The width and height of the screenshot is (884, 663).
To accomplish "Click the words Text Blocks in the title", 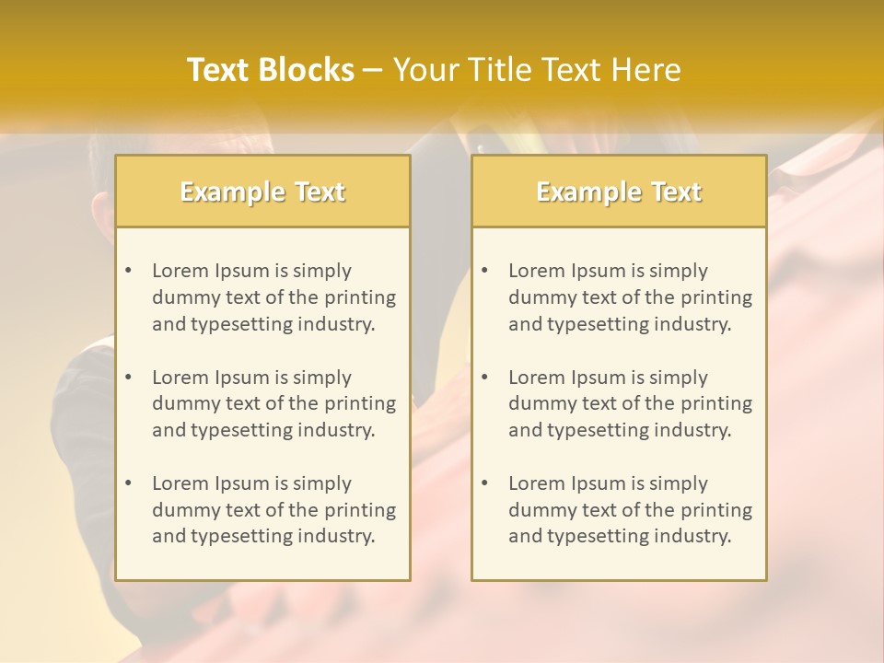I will pyautogui.click(x=270, y=70).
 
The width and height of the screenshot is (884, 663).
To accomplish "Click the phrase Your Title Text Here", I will pyautogui.click(x=537, y=70).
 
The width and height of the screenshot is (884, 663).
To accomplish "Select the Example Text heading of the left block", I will pyautogui.click(x=262, y=192).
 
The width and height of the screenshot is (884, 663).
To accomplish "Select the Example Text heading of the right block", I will pyautogui.click(x=619, y=192).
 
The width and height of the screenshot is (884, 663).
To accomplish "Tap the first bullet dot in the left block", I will pyautogui.click(x=128, y=271).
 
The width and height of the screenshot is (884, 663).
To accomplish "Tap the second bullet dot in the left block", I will pyautogui.click(x=128, y=378).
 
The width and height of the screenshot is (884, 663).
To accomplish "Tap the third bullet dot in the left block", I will pyautogui.click(x=128, y=483).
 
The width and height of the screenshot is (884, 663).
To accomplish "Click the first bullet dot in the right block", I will pyautogui.click(x=484, y=271).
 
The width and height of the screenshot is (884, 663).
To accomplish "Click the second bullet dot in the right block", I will pyautogui.click(x=484, y=378).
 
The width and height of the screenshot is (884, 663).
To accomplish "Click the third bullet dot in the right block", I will pyautogui.click(x=484, y=483).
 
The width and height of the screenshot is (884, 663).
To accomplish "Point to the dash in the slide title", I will pyautogui.click(x=373, y=71).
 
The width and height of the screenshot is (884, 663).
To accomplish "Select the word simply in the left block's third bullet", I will pyautogui.click(x=322, y=483).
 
